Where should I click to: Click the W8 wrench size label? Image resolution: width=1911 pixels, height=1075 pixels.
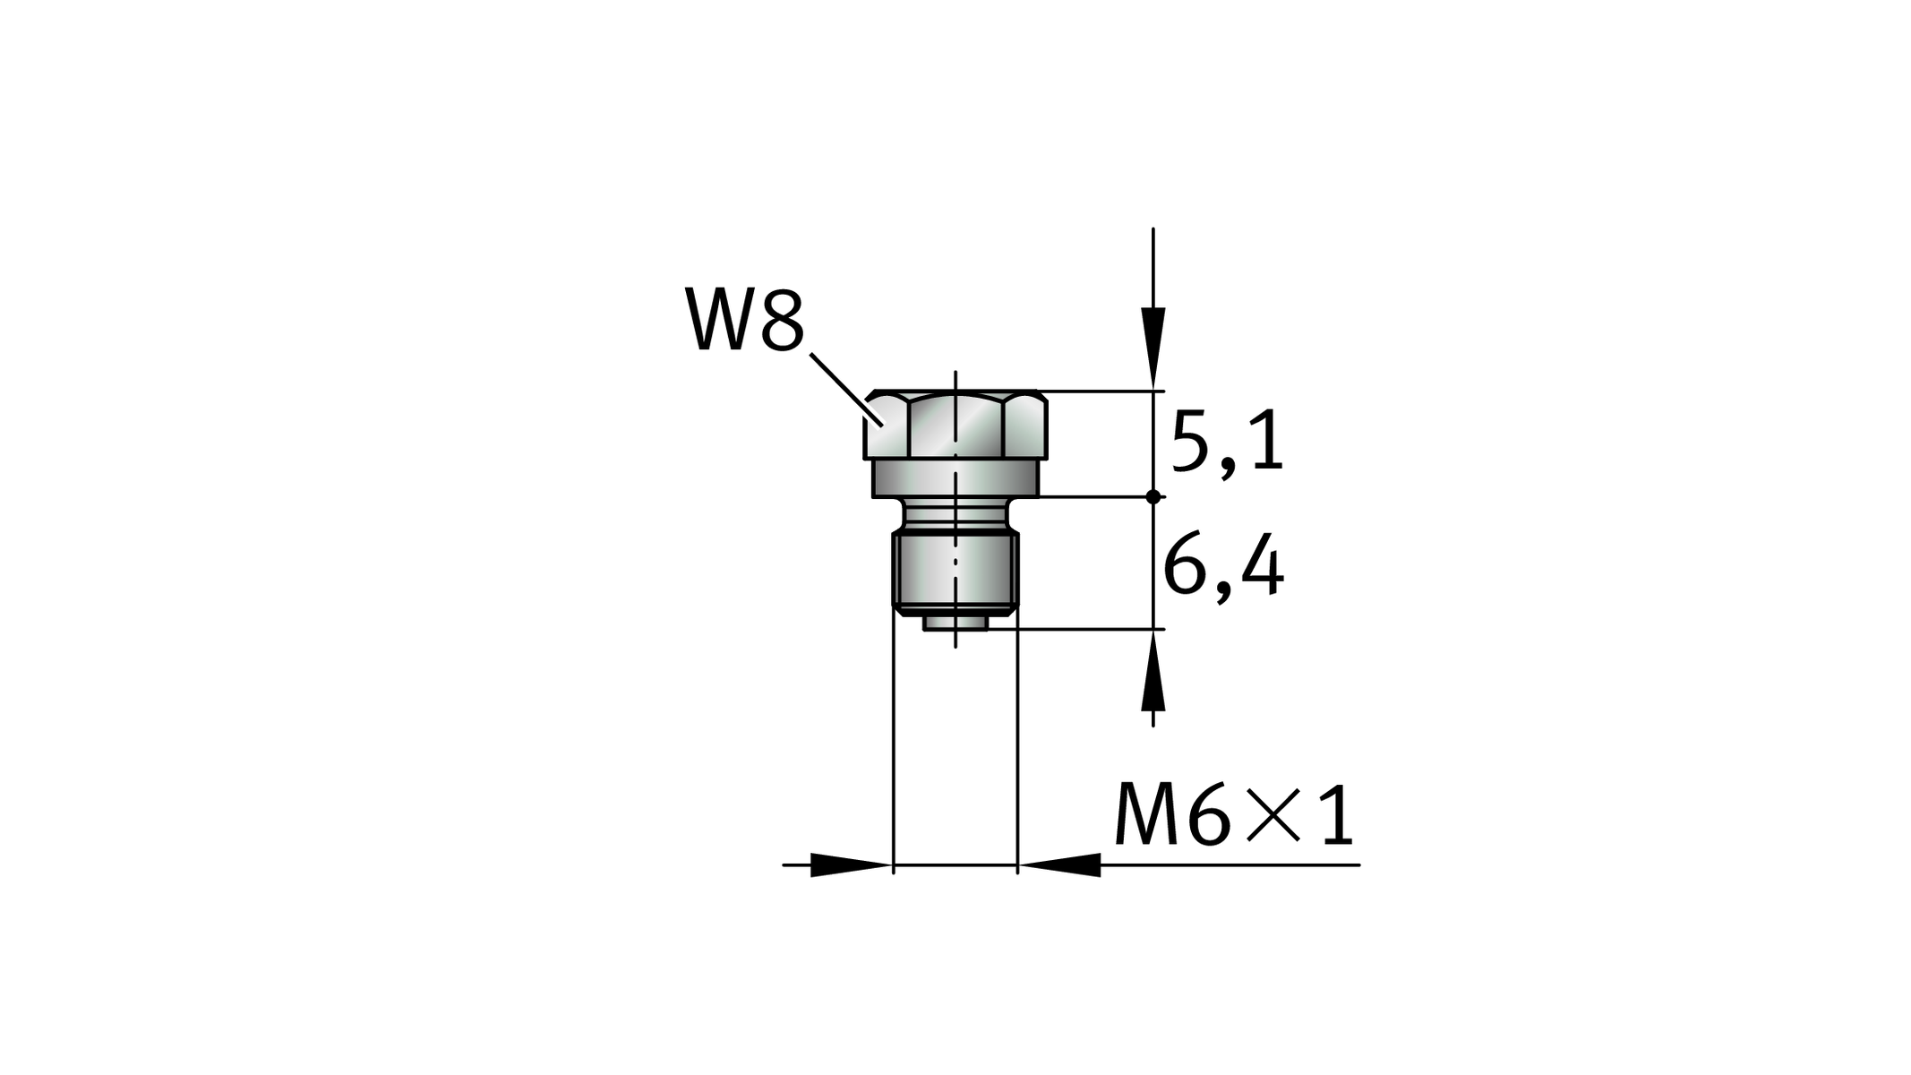[x=745, y=319]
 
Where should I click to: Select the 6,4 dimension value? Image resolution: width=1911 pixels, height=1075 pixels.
[x=1223, y=570]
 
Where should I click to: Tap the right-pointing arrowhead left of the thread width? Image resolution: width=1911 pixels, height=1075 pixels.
[x=852, y=865]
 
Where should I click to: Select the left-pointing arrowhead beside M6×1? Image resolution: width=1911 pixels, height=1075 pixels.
[x=1059, y=865]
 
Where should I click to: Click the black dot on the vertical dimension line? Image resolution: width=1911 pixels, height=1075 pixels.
[x=1153, y=496]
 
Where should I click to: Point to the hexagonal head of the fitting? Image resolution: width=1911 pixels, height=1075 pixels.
[x=955, y=426]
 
